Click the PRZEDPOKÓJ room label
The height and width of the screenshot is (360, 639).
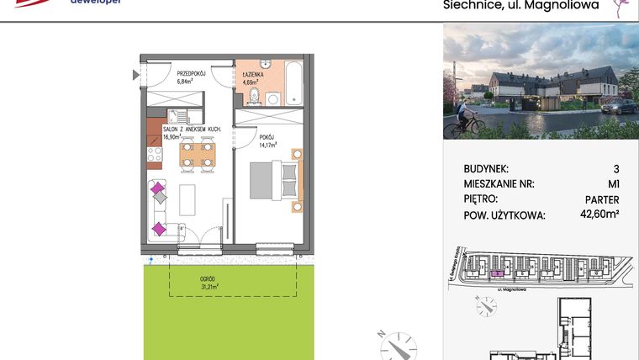tap(193, 74)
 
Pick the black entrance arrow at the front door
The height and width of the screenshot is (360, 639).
tap(136, 76)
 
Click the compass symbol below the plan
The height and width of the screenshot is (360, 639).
tap(396, 345)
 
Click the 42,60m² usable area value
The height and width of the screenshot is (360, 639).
tap(600, 215)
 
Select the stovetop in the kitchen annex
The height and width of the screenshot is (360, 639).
tap(154, 154)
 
